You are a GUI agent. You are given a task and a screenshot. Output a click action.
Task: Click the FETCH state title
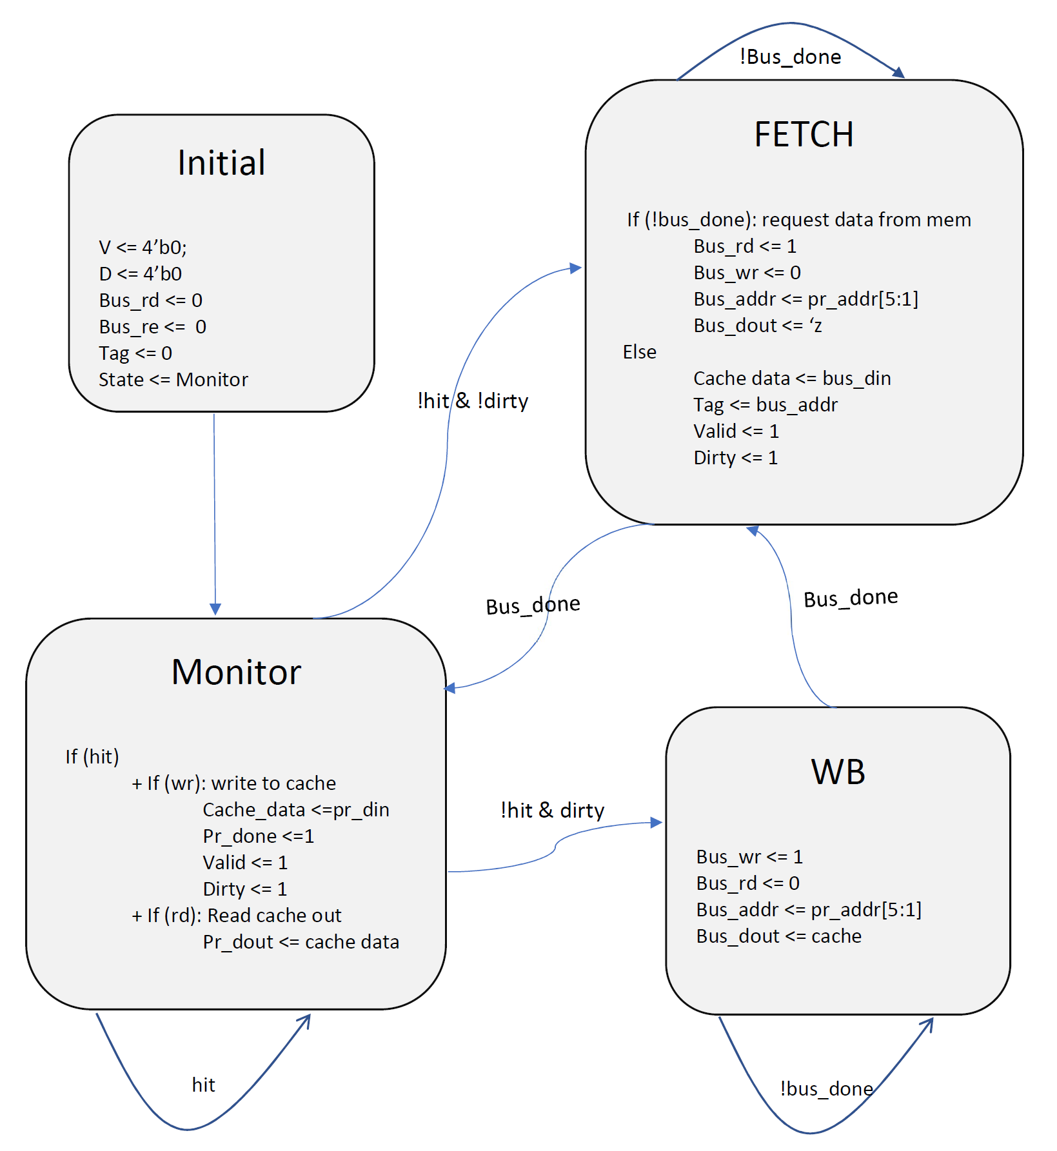coord(804,135)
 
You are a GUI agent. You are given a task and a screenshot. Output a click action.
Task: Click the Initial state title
coord(221,162)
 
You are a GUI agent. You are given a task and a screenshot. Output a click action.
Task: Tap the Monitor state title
coord(236,672)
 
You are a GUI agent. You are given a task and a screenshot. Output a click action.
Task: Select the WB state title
coord(838,772)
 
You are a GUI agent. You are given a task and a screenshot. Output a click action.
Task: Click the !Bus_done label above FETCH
coord(790,57)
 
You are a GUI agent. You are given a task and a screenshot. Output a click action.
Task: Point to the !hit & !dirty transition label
coord(473,401)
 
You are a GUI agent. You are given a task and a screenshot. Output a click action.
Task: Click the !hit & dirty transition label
coord(553,811)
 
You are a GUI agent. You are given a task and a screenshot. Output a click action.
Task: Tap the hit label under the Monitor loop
coord(204,1085)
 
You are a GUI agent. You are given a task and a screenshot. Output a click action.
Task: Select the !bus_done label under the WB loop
coord(826,1088)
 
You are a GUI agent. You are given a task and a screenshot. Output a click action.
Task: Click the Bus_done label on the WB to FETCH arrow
coord(851,598)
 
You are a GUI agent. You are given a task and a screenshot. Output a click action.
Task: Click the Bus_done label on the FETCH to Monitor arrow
coord(533,605)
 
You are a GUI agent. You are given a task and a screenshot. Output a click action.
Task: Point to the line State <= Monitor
coord(173,380)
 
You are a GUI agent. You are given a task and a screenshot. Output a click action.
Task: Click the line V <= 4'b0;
coord(143,247)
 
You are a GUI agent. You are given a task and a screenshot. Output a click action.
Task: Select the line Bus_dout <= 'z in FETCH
coord(758,326)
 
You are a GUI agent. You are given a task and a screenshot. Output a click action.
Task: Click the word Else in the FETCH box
coord(639,352)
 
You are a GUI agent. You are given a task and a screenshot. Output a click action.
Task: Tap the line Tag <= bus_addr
coord(765,405)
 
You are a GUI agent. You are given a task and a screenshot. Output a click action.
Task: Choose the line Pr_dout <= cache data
coord(301,942)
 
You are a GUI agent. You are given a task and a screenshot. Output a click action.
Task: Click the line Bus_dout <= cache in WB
coord(778,936)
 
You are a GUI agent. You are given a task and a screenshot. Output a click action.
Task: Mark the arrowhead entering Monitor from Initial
coord(215,609)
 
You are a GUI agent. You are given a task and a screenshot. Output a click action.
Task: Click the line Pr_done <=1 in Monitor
coord(258,836)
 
